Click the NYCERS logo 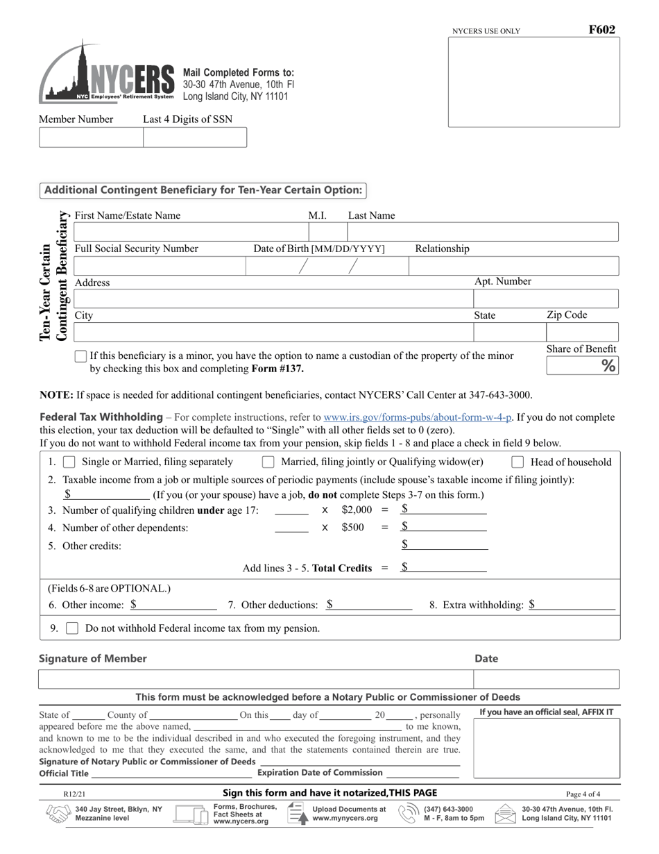pyautogui.click(x=107, y=74)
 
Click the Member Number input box pyautogui.click(x=91, y=137)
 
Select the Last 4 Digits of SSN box pyautogui.click(x=195, y=137)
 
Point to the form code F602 pyautogui.click(x=601, y=30)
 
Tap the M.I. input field pyautogui.click(x=327, y=232)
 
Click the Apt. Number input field pyautogui.click(x=545, y=299)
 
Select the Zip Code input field pyautogui.click(x=581, y=332)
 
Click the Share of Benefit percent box pyautogui.click(x=581, y=365)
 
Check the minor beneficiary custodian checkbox pyautogui.click(x=80, y=356)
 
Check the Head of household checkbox pyautogui.click(x=517, y=462)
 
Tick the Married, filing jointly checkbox pyautogui.click(x=268, y=462)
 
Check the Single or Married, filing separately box pyautogui.click(x=69, y=462)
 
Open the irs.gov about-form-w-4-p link pyautogui.click(x=418, y=417)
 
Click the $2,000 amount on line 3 pyautogui.click(x=357, y=510)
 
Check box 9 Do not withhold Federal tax pyautogui.click(x=71, y=628)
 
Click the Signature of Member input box pyautogui.click(x=255, y=679)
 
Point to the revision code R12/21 pyautogui.click(x=73, y=794)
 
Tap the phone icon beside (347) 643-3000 pyautogui.click(x=408, y=814)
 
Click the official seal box pyautogui.click(x=547, y=748)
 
